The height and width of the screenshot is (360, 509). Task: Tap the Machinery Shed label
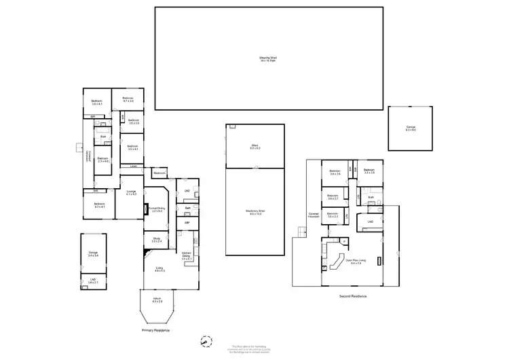tap(254, 213)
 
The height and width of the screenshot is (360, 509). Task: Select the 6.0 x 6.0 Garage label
tap(411, 129)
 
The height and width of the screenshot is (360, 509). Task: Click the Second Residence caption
tap(353, 297)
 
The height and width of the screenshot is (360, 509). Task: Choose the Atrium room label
tap(157, 300)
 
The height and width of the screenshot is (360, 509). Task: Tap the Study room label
tap(155, 239)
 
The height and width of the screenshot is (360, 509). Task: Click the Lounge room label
tap(131, 193)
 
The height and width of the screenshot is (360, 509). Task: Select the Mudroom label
tap(160, 173)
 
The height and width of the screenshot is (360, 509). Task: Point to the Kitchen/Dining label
tap(187, 257)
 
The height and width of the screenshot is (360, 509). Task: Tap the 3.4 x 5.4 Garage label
tap(93, 254)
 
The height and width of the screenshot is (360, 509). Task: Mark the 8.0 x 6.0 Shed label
tap(254, 145)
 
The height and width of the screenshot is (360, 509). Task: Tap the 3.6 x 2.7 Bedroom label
tap(333, 198)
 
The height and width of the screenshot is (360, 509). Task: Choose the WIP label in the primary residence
tap(187, 222)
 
